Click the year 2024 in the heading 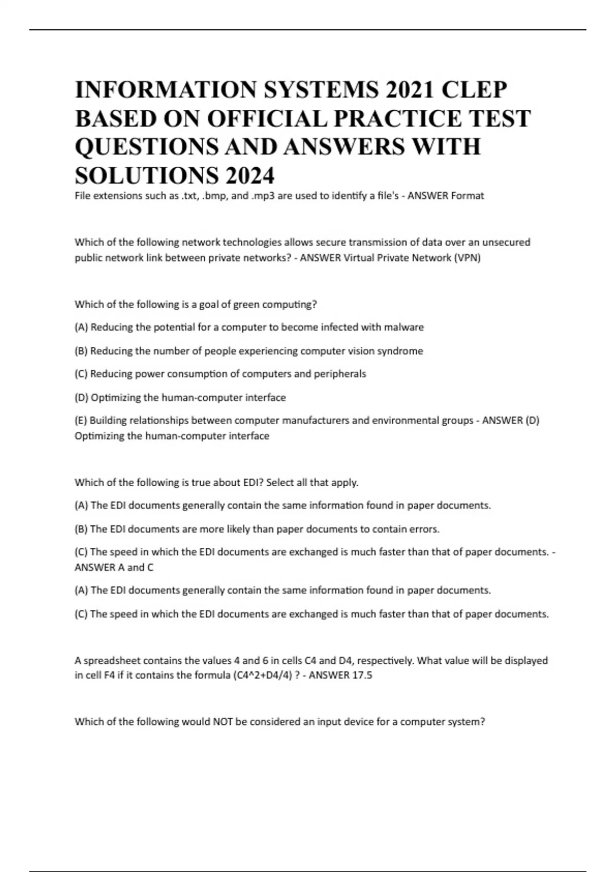pos(249,176)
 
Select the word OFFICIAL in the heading pos(267,118)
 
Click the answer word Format pos(467,195)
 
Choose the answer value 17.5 pos(362,676)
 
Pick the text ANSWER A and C pos(114,567)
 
